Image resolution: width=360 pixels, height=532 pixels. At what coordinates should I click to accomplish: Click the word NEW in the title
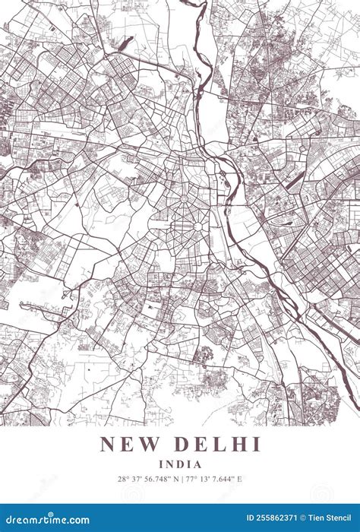[126, 445]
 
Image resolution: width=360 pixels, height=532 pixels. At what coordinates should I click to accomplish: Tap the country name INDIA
[180, 464]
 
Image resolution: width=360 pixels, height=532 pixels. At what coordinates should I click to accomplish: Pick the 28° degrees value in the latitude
[123, 479]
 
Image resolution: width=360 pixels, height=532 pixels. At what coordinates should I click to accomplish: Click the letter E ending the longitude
[240, 479]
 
